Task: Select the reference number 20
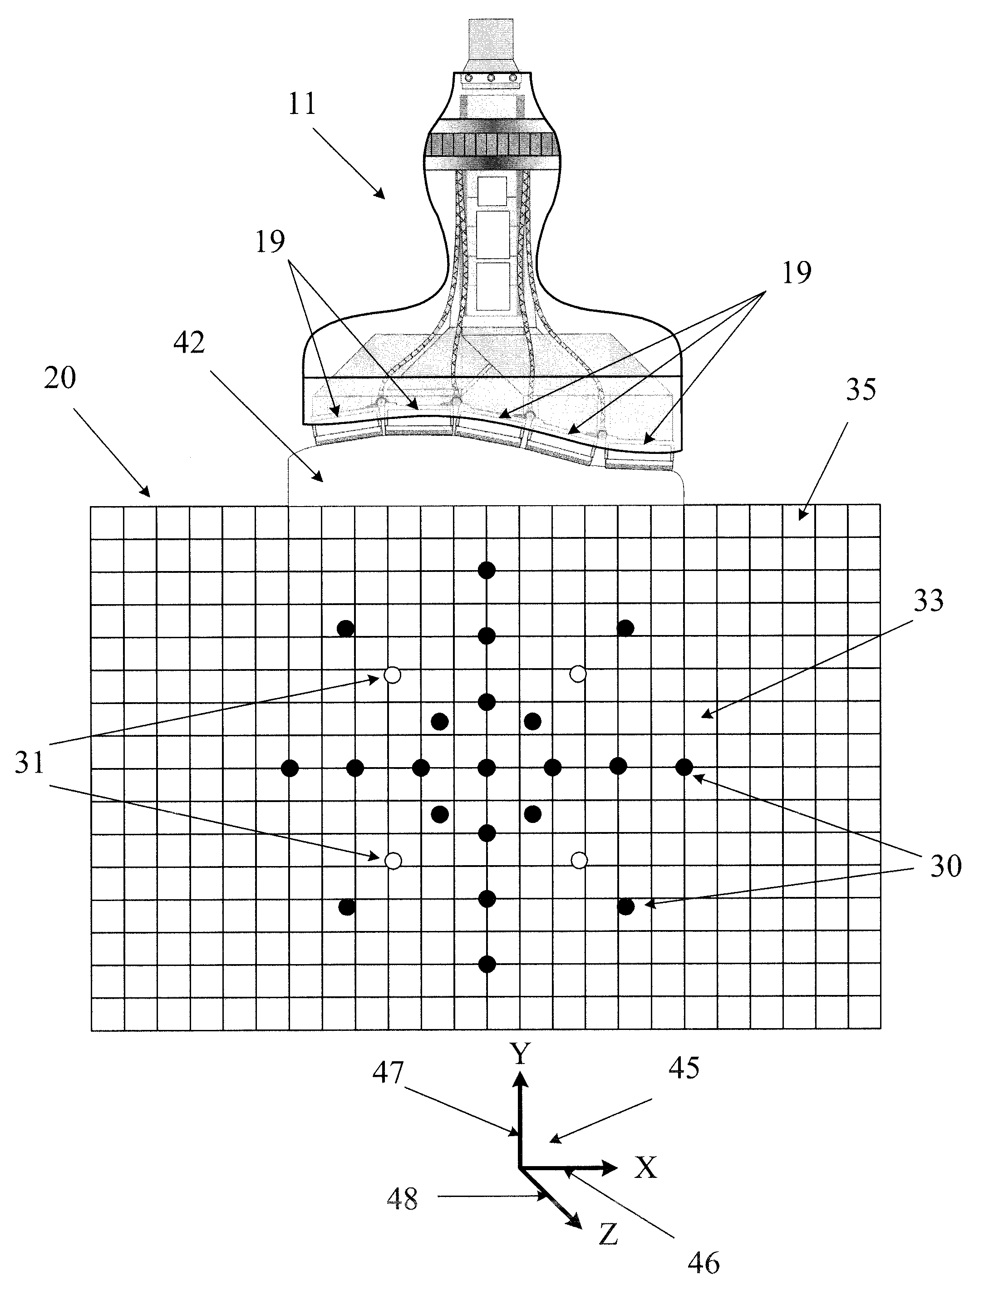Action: tap(60, 377)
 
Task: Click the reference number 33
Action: tap(928, 601)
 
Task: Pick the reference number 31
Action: tap(30, 763)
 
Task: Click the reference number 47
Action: tap(388, 1073)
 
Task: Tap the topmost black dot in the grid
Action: tap(487, 570)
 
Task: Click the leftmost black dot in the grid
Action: tap(289, 768)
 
